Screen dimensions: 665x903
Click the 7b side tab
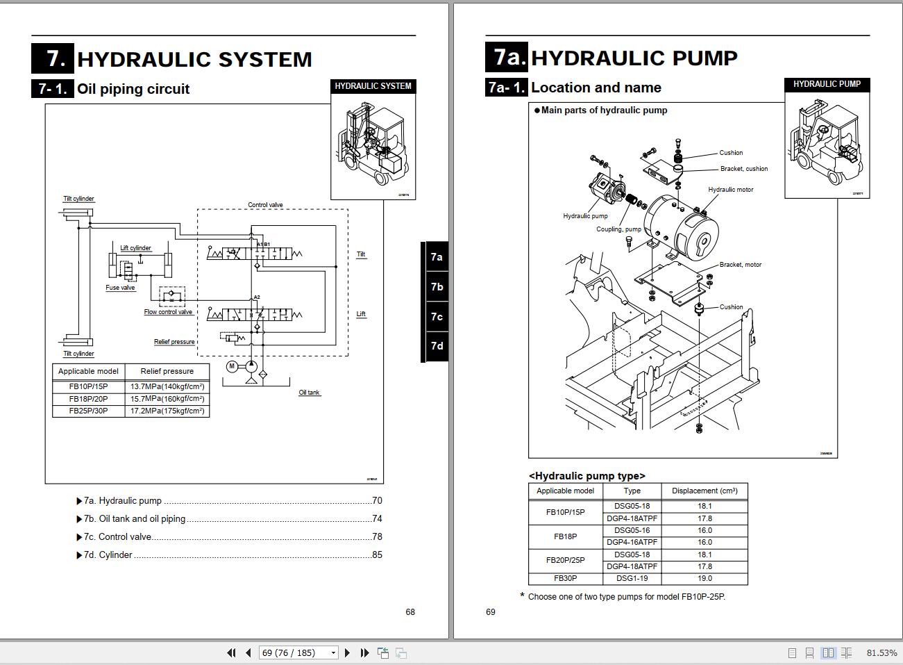coord(436,287)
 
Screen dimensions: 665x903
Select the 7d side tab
coord(436,346)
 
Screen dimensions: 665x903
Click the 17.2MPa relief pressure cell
coord(167,411)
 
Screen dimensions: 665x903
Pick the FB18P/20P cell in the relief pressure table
coord(88,399)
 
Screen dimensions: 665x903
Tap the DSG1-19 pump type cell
coord(632,578)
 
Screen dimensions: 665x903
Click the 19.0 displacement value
coord(704,578)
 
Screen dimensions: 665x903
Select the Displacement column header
coord(704,491)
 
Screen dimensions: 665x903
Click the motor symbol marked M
coord(233,366)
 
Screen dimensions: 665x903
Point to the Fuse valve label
coord(120,288)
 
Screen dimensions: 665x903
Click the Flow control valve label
coord(168,312)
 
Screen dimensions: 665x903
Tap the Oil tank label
coord(309,393)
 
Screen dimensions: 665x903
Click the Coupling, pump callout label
coord(618,229)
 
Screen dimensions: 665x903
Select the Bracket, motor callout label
coord(740,265)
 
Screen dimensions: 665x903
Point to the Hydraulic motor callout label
coord(730,190)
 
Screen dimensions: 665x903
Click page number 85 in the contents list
coord(377,555)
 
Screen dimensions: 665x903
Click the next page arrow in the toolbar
coord(348,652)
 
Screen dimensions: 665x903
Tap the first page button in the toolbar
coord(231,652)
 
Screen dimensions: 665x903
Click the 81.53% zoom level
coord(881,652)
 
